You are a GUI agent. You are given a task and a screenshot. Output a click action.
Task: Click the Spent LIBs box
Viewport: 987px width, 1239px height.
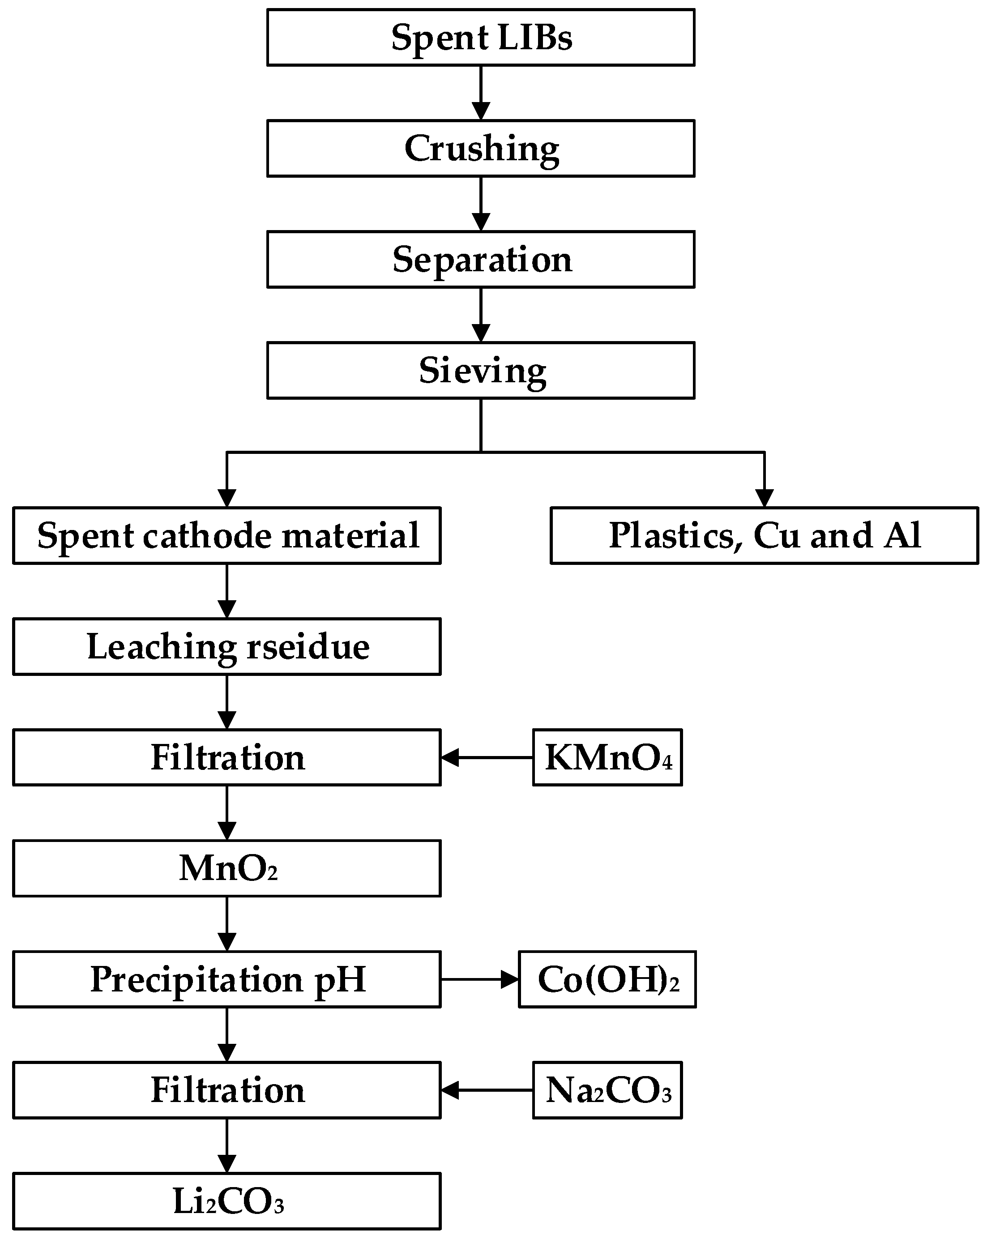[481, 37]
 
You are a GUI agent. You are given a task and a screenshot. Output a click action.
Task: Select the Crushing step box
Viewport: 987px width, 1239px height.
[481, 148]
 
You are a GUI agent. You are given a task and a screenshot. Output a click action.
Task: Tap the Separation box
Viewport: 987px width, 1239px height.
[481, 259]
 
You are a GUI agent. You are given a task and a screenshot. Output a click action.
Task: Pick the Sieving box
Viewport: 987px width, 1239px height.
[481, 370]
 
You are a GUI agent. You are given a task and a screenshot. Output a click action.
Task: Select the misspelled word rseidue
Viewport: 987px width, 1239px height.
[308, 647]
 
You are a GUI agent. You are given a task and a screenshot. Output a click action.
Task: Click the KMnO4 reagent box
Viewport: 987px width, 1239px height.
[607, 757]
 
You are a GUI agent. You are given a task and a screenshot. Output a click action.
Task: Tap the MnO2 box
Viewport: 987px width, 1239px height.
[227, 868]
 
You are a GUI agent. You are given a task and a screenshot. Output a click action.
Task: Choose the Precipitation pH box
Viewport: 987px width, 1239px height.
[227, 979]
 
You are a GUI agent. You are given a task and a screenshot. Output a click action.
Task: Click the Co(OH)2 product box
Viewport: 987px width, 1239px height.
[607, 979]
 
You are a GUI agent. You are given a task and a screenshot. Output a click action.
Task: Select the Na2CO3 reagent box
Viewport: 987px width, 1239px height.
[607, 1090]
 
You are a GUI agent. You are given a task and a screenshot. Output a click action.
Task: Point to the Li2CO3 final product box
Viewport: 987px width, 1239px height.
[227, 1201]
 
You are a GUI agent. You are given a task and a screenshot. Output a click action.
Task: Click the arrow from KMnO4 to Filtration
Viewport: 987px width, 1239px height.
[487, 757]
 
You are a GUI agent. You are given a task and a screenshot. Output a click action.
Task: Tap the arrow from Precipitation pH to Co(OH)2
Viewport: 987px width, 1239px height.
[480, 979]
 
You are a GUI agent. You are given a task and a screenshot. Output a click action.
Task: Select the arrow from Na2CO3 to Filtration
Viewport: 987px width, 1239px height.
[487, 1090]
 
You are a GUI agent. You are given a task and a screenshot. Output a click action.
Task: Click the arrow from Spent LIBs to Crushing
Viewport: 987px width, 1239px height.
[481, 93]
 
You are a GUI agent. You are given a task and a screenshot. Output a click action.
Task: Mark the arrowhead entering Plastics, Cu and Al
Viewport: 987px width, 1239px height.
[765, 498]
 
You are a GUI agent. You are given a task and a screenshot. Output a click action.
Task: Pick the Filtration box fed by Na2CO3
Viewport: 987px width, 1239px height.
[227, 1090]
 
